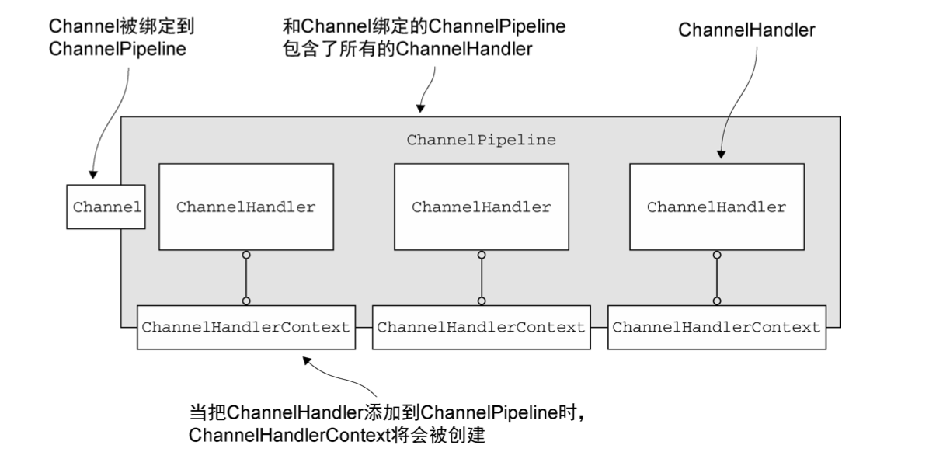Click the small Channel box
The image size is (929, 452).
106,207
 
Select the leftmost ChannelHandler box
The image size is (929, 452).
245,207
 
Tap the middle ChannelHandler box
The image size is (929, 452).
481,207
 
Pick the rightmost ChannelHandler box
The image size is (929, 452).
716,207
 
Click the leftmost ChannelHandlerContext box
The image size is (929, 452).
245,327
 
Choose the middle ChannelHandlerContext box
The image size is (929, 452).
481,327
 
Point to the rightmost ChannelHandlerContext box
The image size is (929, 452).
716,327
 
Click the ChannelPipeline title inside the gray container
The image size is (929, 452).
481,141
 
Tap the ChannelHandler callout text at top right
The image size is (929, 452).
746,30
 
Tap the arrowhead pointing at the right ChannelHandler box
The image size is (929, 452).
722,154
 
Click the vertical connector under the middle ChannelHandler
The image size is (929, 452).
482,277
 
